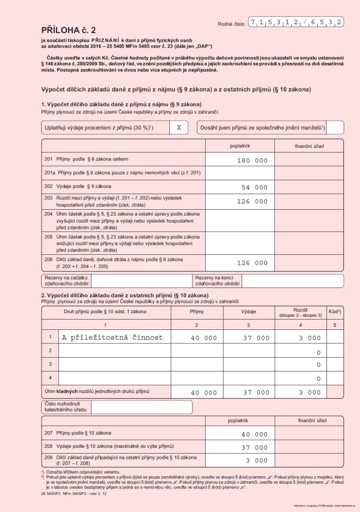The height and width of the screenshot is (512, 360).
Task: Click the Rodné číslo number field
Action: click(x=296, y=23)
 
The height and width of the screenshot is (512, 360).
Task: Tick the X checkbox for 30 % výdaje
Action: click(x=179, y=127)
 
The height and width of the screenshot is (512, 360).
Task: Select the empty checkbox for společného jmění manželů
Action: click(x=335, y=127)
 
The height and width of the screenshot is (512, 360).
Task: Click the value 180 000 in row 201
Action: click(x=253, y=159)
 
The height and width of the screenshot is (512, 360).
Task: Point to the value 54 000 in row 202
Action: click(x=254, y=187)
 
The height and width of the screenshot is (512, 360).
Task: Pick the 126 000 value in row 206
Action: click(x=253, y=263)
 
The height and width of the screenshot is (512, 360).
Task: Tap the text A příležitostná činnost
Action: click(x=112, y=337)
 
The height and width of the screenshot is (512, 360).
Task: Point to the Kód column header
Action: click(x=334, y=311)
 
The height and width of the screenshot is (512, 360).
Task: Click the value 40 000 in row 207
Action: click(x=254, y=434)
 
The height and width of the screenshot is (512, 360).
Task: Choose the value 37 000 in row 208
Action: click(x=254, y=447)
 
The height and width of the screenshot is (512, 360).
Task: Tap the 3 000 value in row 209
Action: click(x=257, y=461)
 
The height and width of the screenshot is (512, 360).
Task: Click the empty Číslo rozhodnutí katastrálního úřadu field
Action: click(x=142, y=407)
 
